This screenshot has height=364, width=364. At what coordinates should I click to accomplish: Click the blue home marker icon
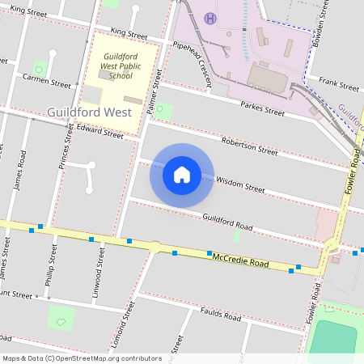pyautogui.click(x=182, y=174)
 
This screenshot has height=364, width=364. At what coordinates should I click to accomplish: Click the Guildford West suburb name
pyautogui.click(x=85, y=112)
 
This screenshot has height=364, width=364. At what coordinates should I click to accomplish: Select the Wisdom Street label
pyautogui.click(x=240, y=185)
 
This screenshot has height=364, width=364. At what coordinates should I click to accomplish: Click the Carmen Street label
pyautogui.click(x=47, y=83)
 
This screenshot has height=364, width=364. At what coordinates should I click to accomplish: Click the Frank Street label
pyautogui.click(x=338, y=82)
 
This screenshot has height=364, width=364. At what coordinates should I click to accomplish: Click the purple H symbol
pyautogui.click(x=211, y=18)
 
